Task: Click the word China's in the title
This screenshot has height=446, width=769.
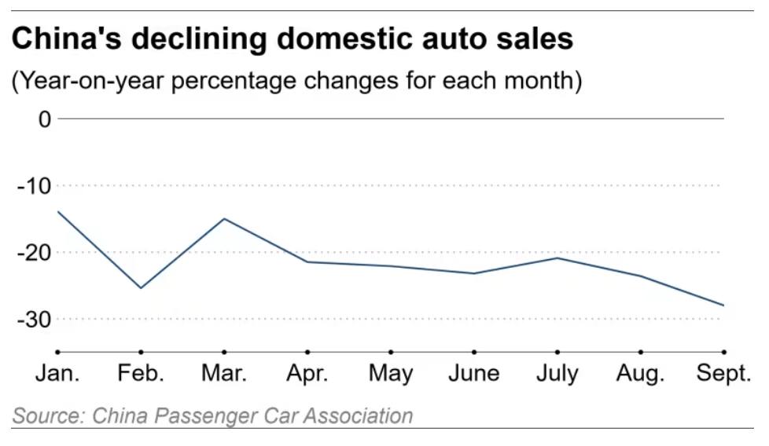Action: (66, 38)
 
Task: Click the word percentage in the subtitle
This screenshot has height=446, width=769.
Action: (233, 81)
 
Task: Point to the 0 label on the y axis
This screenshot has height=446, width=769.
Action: (45, 119)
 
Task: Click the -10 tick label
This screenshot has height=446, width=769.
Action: (34, 186)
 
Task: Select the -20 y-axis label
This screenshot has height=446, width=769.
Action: (34, 253)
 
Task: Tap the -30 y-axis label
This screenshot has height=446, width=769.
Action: (34, 320)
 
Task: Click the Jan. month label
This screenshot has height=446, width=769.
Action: (57, 373)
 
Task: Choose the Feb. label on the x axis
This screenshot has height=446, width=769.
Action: (141, 373)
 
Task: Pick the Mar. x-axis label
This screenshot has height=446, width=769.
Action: (224, 373)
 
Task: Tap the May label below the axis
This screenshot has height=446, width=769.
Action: (391, 374)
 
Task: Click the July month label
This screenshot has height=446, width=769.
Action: (557, 374)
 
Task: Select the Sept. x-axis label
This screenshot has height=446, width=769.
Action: (724, 374)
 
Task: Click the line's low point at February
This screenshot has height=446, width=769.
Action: (141, 288)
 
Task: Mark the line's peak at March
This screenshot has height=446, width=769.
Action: (224, 218)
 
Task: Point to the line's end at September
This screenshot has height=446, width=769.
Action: (724, 305)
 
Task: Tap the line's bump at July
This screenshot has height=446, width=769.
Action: (557, 258)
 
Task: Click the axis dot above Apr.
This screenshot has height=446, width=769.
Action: (307, 352)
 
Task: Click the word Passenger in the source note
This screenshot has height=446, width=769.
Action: (207, 416)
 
